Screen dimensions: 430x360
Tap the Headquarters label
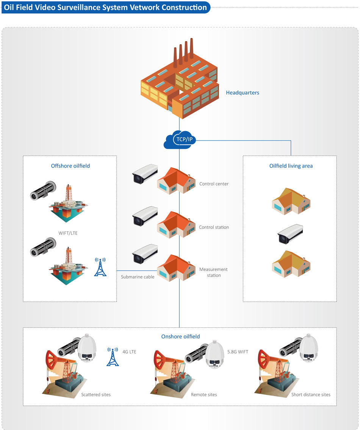pos(243,92)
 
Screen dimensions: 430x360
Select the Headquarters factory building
pos(180,83)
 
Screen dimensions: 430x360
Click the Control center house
pos(177,181)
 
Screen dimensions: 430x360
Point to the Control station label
pos(214,227)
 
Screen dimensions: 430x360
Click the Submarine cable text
pos(138,277)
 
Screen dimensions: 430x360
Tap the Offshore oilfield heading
pos(70,166)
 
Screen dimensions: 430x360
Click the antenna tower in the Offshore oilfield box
pos(100,267)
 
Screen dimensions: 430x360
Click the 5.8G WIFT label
pos(238,352)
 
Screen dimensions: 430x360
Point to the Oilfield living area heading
pos(291,166)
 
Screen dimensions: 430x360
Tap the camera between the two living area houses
pos(290,233)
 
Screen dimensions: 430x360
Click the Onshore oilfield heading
pos(180,336)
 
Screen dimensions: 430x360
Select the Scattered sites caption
pos(96,394)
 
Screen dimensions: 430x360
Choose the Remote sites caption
pos(204,394)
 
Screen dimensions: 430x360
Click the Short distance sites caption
pos(311,394)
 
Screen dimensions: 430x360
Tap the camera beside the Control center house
pos(144,174)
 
